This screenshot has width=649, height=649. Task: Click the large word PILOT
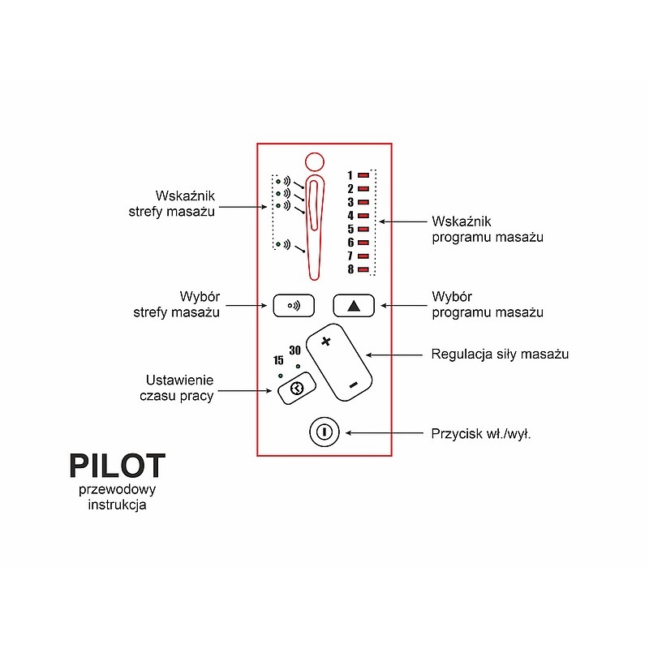click(x=117, y=466)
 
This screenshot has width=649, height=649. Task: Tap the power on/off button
click(x=323, y=432)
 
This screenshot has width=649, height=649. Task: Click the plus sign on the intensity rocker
click(x=327, y=342)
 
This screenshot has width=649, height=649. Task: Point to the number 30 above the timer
click(x=295, y=350)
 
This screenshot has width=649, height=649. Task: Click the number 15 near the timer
click(x=278, y=359)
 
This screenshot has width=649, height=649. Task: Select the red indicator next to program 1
click(x=363, y=174)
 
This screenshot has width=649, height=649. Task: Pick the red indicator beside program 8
click(x=363, y=269)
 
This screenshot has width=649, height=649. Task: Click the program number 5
click(x=350, y=229)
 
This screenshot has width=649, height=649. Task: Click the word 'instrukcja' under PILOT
click(x=118, y=505)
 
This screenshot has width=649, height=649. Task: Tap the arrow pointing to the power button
click(x=387, y=432)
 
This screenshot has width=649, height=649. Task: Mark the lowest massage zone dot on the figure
click(x=278, y=243)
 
